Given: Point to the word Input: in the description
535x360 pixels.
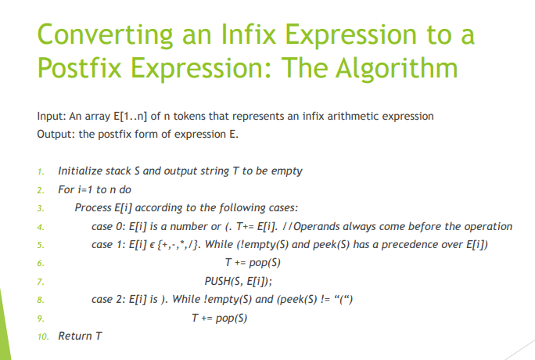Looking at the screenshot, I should (51, 117).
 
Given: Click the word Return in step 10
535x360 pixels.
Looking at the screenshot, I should (75, 336).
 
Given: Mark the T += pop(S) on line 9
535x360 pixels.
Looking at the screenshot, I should (220, 317).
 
